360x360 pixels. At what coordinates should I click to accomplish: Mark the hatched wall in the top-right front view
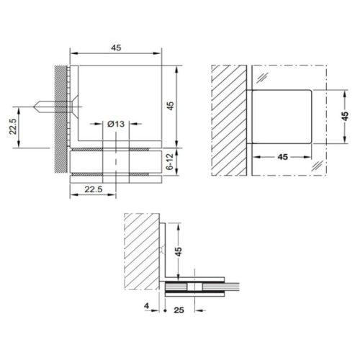point(230,119)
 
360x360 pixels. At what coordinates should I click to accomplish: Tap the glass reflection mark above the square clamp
point(266,77)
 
